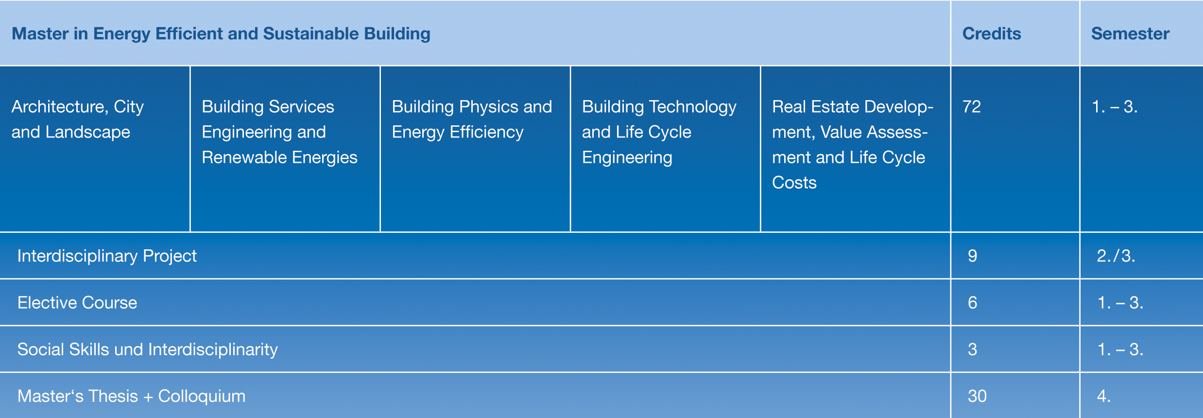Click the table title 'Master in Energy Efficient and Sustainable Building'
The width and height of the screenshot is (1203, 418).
point(221,34)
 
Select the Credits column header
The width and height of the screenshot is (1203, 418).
point(992,34)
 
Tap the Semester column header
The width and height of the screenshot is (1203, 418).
point(1130,34)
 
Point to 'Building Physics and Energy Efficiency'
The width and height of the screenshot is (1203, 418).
point(472,119)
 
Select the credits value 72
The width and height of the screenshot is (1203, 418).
point(972,106)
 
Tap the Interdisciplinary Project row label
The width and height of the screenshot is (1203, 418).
point(107,256)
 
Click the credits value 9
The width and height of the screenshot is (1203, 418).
point(972,256)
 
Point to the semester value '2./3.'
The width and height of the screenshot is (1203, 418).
point(1116,256)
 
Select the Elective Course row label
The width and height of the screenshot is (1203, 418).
point(77,302)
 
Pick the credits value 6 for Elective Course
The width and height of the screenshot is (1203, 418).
point(972,302)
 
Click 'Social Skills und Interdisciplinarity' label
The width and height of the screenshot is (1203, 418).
point(147,349)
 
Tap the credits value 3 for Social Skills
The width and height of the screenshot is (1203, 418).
point(972,349)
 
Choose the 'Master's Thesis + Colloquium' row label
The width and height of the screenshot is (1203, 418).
point(131,396)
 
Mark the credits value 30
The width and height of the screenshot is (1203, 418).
point(977,396)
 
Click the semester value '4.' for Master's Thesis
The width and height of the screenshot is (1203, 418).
point(1103,396)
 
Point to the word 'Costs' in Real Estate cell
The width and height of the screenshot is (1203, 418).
point(794,182)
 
